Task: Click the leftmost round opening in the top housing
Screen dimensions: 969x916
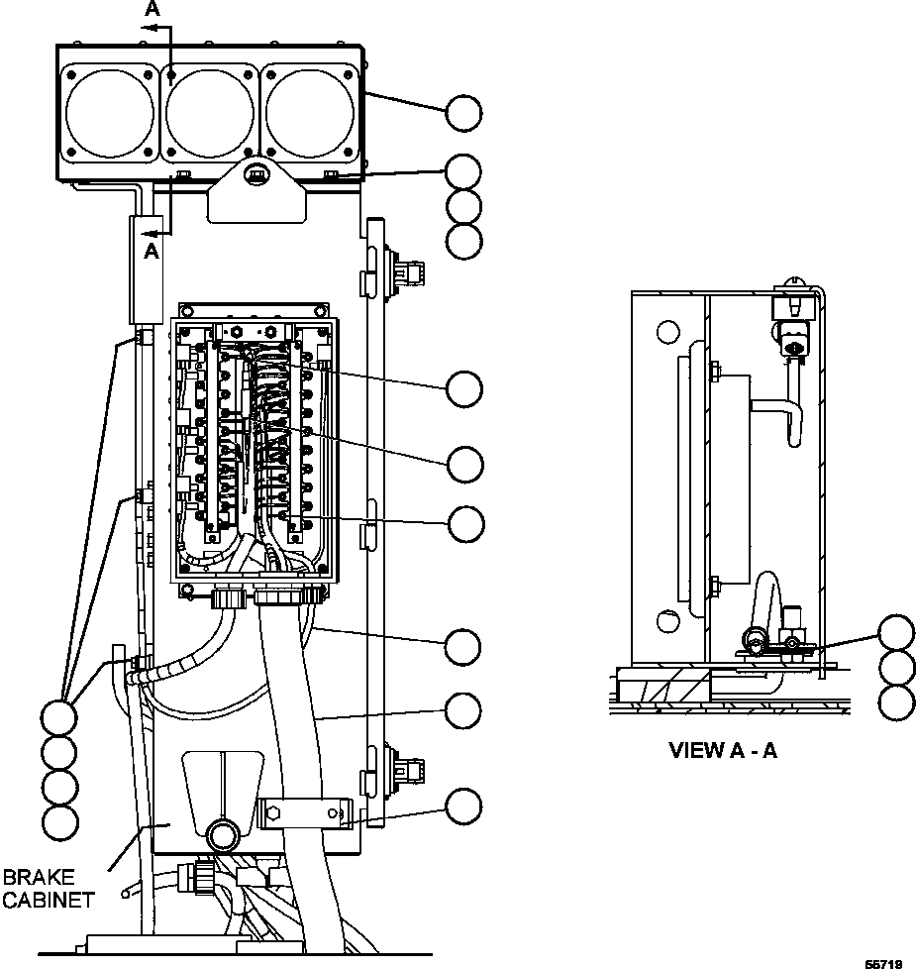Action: click(110, 112)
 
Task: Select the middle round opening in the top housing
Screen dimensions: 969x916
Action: click(210, 112)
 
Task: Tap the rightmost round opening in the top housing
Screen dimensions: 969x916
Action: click(310, 112)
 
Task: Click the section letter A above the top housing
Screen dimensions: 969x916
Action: click(152, 9)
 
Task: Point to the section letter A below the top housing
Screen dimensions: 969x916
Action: click(152, 251)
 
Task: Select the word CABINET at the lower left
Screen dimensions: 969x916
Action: click(48, 900)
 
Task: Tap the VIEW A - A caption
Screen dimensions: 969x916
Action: click(723, 750)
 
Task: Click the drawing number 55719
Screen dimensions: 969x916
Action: click(883, 962)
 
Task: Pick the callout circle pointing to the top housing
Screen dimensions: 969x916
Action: click(463, 113)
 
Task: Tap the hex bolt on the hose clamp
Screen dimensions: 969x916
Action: click(275, 815)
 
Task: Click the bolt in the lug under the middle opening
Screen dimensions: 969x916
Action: click(256, 176)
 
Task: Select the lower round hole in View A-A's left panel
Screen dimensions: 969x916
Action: click(668, 623)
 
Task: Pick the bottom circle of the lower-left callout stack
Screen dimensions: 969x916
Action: click(59, 820)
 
